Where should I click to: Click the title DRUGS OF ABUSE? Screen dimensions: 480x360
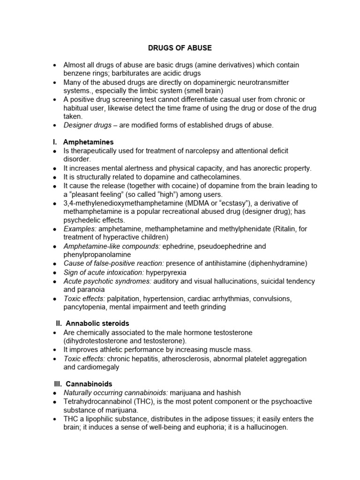180,48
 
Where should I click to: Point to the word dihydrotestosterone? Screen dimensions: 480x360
97,341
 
